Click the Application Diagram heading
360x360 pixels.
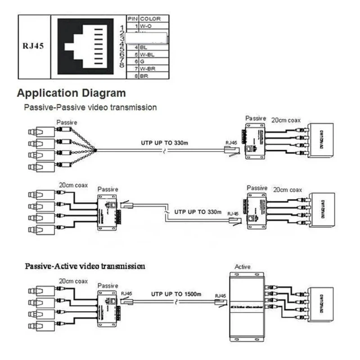(71, 94)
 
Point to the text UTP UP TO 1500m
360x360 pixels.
(175, 293)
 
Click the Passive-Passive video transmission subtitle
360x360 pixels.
(90, 108)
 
